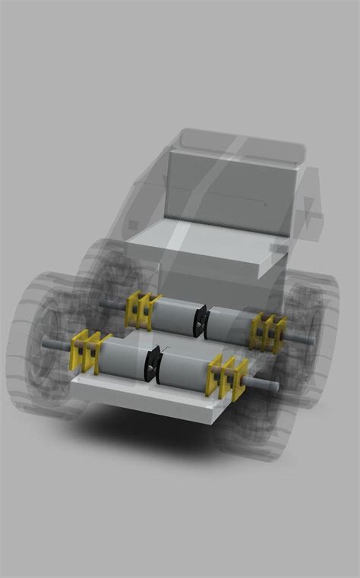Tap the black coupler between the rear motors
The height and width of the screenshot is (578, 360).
(201, 319)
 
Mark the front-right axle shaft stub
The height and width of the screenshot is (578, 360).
(265, 384)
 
